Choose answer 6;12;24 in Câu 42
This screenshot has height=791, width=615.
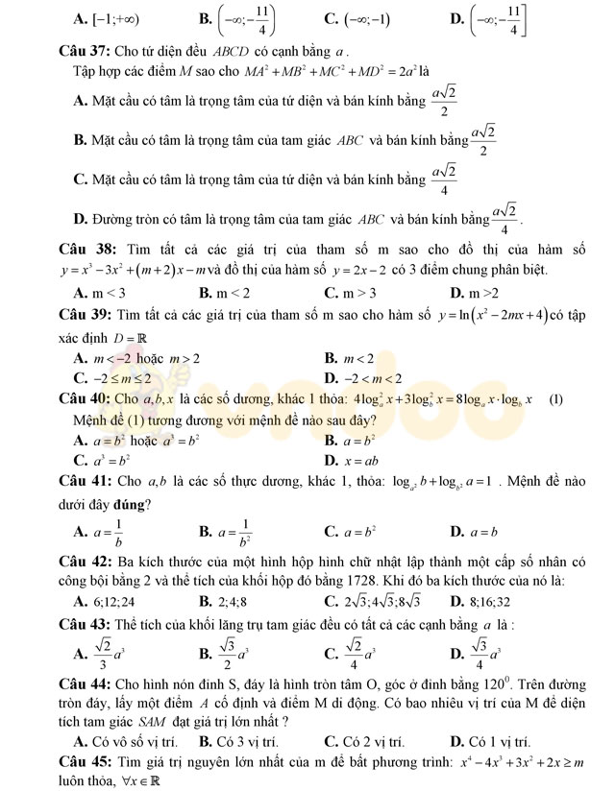click(x=111, y=602)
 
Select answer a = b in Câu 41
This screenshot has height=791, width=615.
click(x=482, y=531)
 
